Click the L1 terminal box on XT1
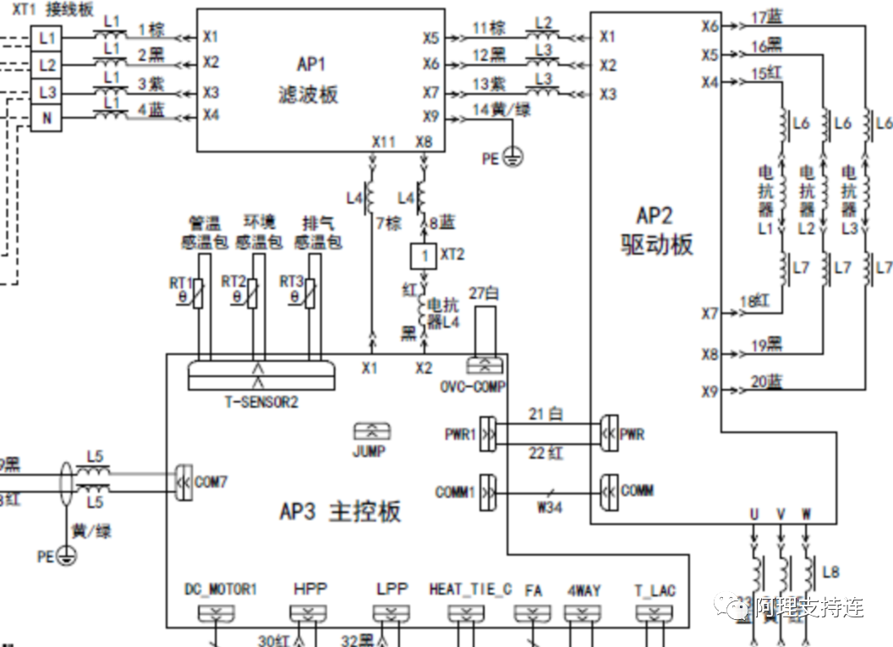pos(47,38)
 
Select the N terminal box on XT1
pos(47,118)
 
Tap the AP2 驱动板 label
pos(656,230)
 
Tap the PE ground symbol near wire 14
pos(512,157)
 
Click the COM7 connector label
pos(211,481)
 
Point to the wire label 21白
pos(545,414)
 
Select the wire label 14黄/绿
pos(501,109)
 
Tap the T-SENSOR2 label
pos(261,402)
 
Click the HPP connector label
pos(310,589)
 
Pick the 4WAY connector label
pos(583,589)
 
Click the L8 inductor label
pos(830,573)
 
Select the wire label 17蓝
pos(766,16)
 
